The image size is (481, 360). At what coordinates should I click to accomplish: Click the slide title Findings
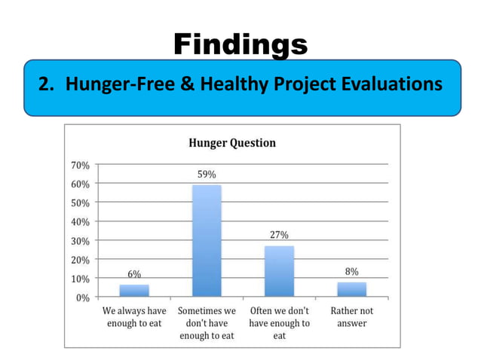(240, 44)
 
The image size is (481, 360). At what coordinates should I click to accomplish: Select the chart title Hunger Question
(231, 142)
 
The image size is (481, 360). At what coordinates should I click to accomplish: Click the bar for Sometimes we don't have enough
(207, 240)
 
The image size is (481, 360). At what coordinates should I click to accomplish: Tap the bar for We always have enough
(134, 290)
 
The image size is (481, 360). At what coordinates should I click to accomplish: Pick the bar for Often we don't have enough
(279, 271)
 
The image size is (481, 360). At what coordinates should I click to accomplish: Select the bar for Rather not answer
(351, 289)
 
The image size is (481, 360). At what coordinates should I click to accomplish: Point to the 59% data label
(207, 174)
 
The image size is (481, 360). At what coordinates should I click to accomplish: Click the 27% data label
(279, 235)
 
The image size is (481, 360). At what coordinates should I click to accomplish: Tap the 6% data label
(133, 274)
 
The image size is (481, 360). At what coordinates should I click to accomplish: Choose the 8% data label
(351, 271)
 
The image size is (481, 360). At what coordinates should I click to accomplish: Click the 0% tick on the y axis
(84, 297)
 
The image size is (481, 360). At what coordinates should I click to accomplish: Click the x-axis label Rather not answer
(351, 317)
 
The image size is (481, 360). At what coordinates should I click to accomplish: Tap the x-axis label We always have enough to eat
(134, 317)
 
